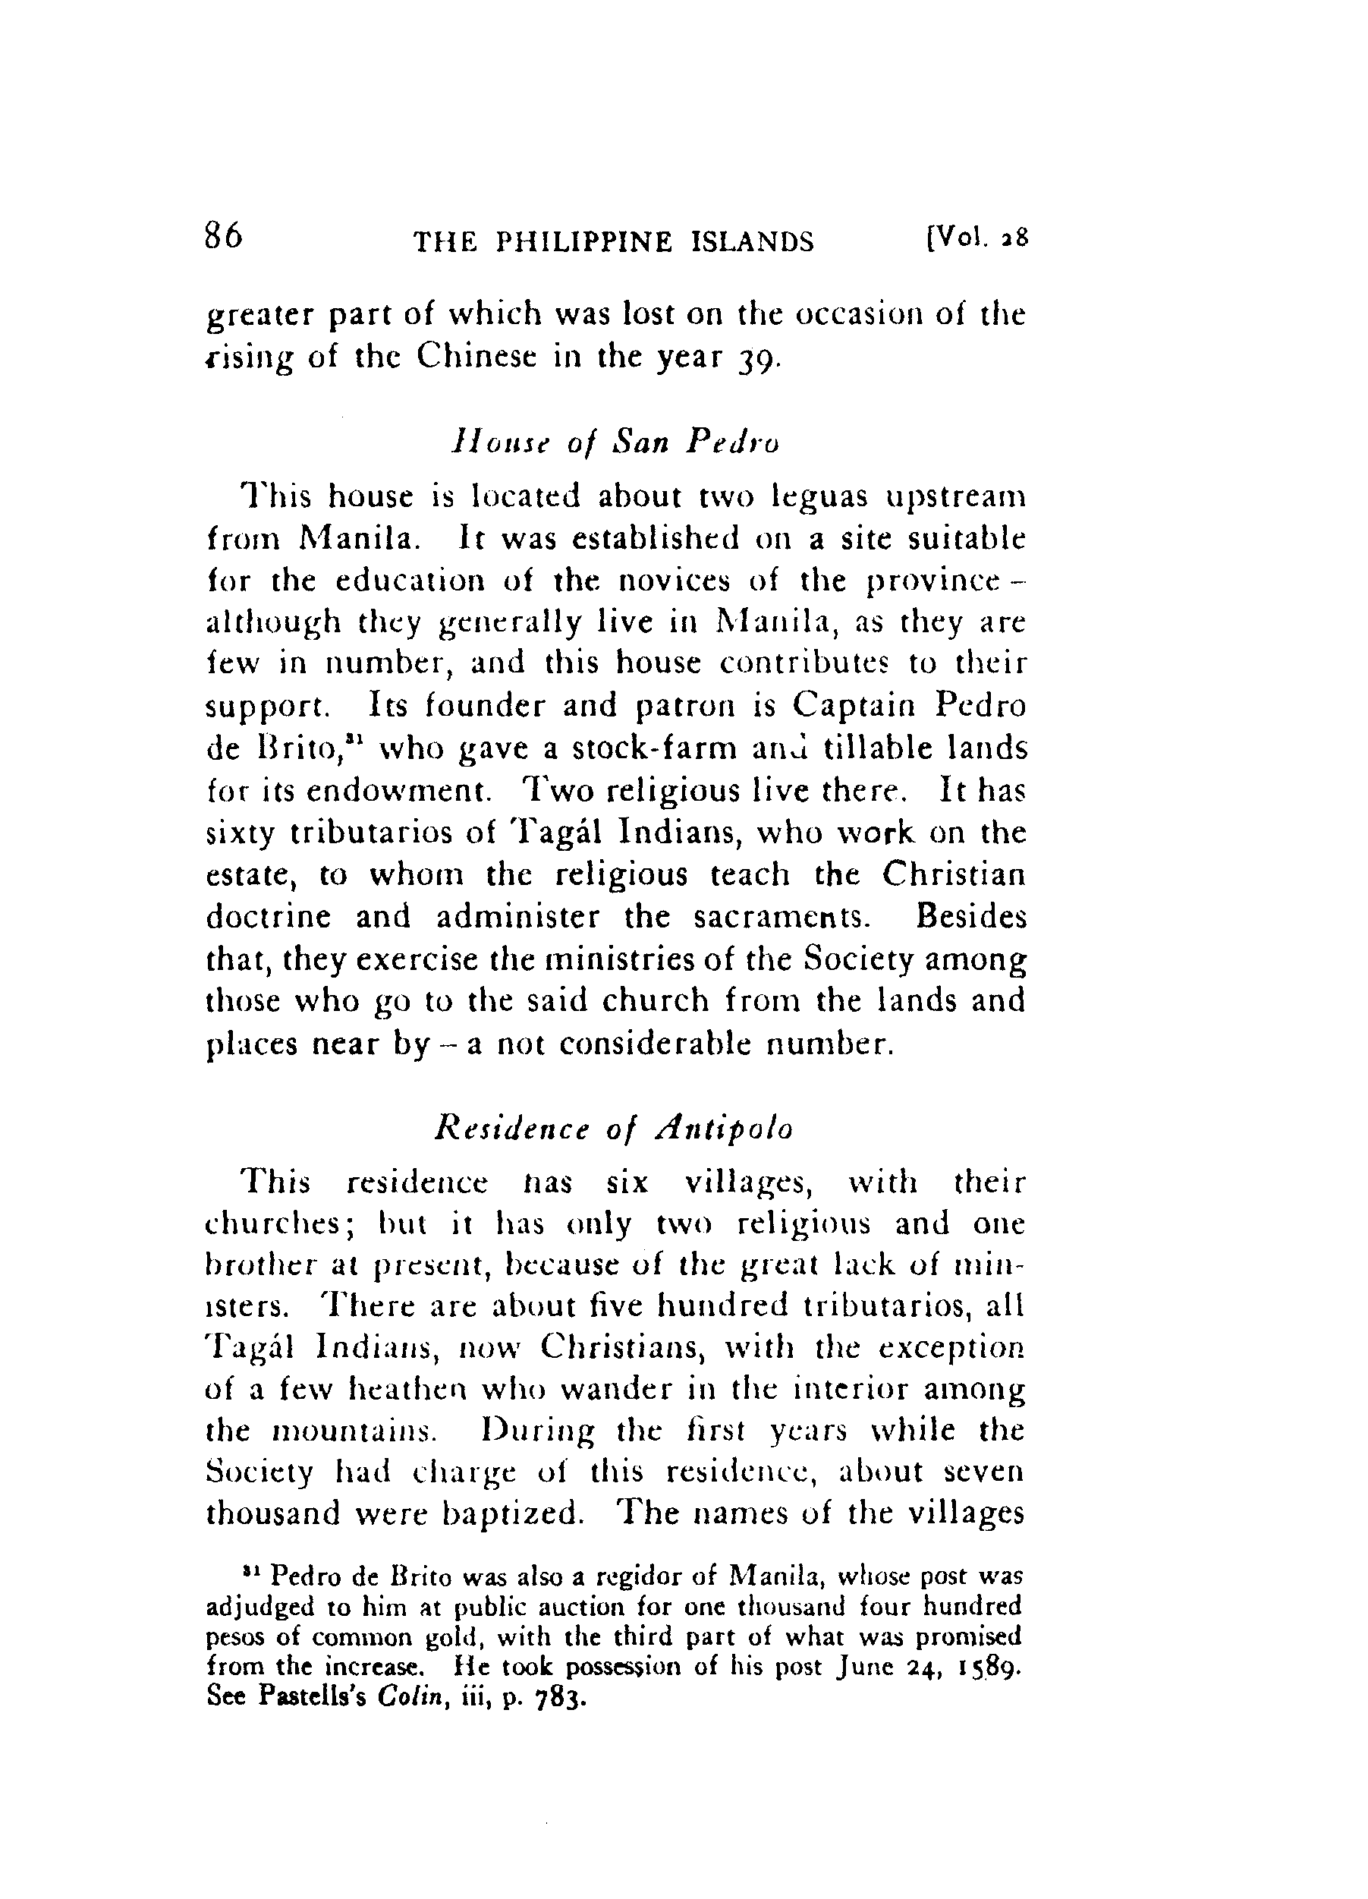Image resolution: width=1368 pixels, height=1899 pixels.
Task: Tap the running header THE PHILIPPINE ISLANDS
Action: click(614, 242)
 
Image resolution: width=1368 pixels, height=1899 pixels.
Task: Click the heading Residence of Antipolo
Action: click(614, 1129)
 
